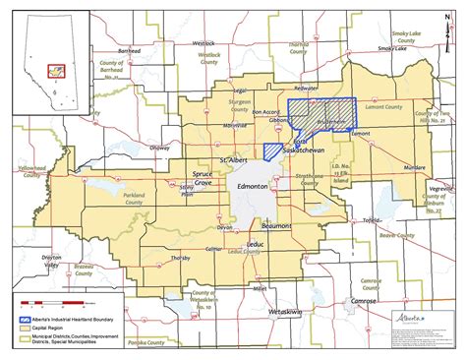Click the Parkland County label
134,198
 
